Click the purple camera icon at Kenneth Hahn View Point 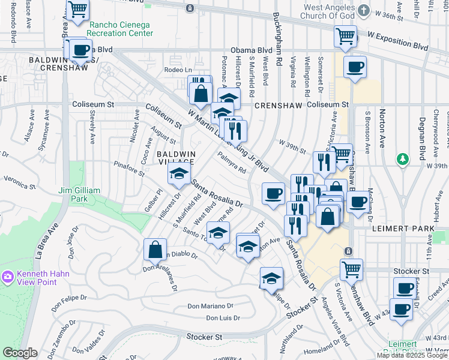coord(8,277)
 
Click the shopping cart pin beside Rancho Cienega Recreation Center coord(77,10)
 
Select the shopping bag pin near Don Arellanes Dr coord(155,249)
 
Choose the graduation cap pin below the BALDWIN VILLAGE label coord(178,174)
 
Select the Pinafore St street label coord(129,168)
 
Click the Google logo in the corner coord(20,353)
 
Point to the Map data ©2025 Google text coord(411,355)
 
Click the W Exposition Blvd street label coord(397,40)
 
